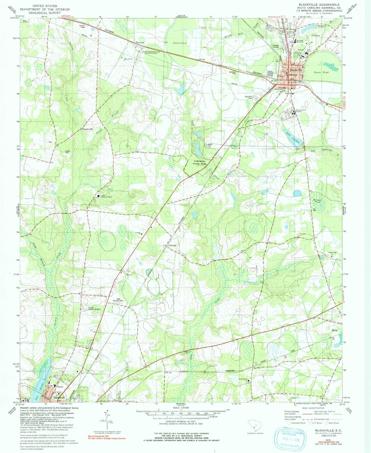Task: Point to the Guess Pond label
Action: coord(321,73)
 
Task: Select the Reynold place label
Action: coord(140,42)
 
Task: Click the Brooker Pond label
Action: coord(317,201)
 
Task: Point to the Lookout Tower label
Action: coord(82,26)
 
